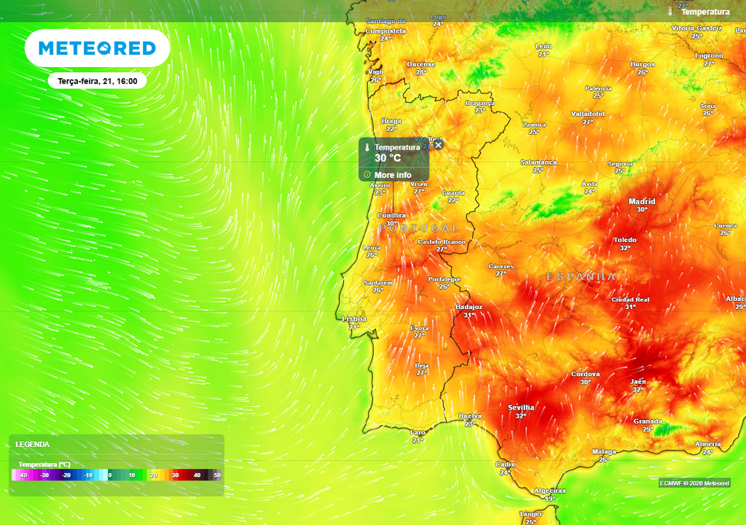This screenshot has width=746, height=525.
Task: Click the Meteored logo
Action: tap(97, 49)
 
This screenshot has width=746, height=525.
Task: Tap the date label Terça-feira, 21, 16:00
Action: tap(98, 81)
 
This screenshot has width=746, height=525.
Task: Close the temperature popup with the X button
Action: tap(439, 145)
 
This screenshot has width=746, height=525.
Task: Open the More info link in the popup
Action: tap(393, 175)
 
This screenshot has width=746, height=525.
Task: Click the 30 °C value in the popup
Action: tap(388, 157)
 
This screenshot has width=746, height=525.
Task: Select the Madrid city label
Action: tap(642, 201)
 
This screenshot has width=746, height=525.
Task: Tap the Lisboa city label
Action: tap(354, 319)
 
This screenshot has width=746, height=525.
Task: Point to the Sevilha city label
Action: tap(521, 408)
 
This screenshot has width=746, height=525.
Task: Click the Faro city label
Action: tap(417, 432)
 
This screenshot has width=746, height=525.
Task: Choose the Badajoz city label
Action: tap(469, 308)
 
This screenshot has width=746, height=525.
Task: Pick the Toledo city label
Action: tap(625, 240)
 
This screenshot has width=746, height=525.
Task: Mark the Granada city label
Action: tap(648, 421)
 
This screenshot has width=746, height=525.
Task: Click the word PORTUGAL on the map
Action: tap(420, 228)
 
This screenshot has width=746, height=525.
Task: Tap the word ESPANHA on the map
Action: tap(581, 277)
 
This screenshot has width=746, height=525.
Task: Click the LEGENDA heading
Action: tap(33, 444)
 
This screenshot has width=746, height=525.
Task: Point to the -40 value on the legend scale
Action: tap(23, 475)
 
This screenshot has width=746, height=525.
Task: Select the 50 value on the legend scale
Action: tap(217, 475)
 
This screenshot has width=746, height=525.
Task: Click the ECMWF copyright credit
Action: tap(694, 483)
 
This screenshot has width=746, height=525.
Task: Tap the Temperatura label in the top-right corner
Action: tap(704, 12)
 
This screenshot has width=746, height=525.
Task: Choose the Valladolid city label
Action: tap(587, 114)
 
